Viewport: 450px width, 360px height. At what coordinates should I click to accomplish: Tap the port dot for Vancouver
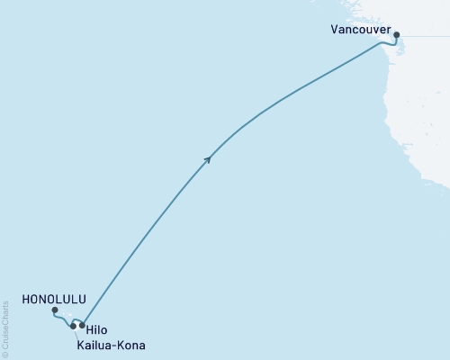(x=396, y=36)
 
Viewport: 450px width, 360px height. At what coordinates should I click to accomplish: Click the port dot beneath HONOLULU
(x=55, y=310)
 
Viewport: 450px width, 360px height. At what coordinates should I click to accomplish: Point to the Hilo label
(x=96, y=330)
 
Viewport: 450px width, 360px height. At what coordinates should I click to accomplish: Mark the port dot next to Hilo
(x=82, y=326)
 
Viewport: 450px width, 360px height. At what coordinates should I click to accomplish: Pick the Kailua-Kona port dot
(x=73, y=327)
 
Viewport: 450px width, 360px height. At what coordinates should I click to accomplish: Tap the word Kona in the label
(x=126, y=345)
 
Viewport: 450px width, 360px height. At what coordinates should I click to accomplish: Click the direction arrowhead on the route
(x=208, y=158)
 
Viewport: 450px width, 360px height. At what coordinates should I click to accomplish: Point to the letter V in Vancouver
(x=335, y=30)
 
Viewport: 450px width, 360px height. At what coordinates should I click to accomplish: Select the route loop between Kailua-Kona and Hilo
(x=77, y=319)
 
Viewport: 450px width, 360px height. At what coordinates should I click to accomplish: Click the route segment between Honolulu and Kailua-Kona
(x=63, y=319)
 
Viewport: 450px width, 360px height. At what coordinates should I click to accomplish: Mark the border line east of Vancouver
(x=423, y=35)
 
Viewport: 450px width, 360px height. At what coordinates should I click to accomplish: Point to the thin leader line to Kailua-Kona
(x=76, y=333)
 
